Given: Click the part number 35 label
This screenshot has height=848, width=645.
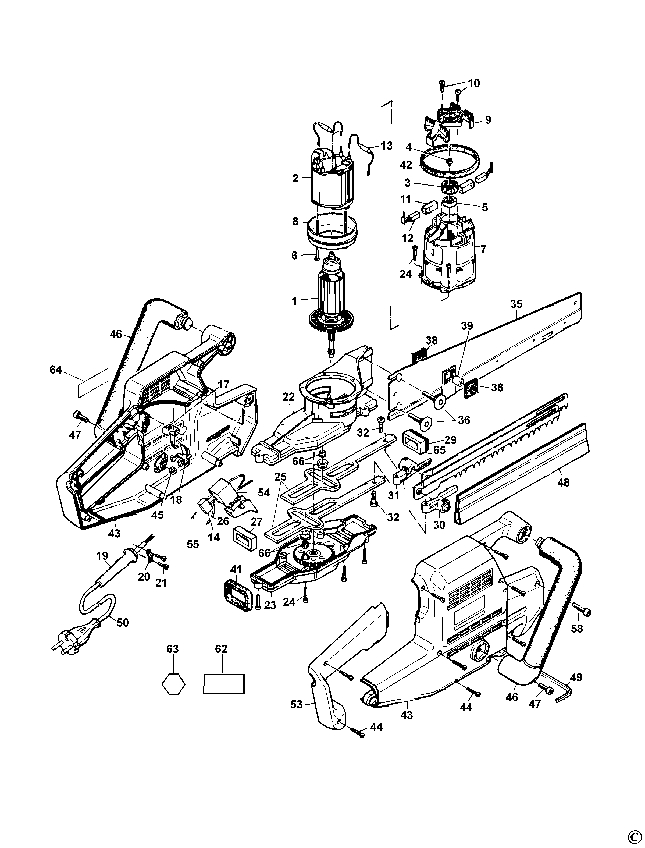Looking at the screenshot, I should tap(516, 304).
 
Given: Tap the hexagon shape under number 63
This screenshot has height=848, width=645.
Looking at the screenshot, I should tap(173, 684).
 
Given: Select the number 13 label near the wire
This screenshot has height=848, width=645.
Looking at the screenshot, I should tap(387, 146).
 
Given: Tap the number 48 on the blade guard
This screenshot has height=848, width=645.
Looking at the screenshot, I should tap(563, 482).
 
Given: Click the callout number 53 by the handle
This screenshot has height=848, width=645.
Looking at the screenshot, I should tap(296, 704).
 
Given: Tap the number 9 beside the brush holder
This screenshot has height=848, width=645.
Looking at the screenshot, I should tap(488, 120).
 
